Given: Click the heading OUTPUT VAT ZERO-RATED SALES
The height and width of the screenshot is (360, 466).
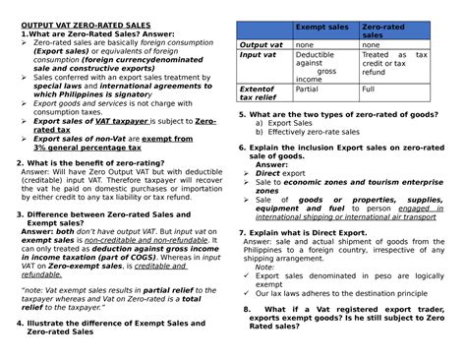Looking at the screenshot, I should pyautogui.click(x=87, y=23).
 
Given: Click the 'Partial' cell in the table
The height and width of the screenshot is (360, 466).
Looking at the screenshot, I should pyautogui.click(x=308, y=89).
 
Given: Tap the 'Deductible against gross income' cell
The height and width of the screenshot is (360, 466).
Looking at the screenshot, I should pyautogui.click(x=320, y=67).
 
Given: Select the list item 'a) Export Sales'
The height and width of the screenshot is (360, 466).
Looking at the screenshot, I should pyautogui.click(x=290, y=123).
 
